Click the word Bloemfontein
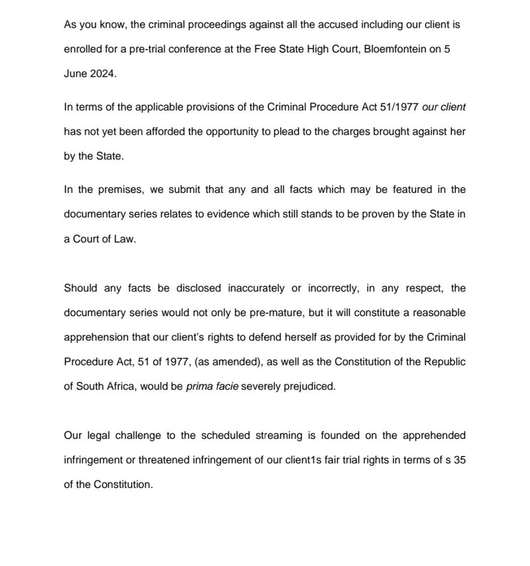pos(395,49)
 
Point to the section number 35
pos(459,460)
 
